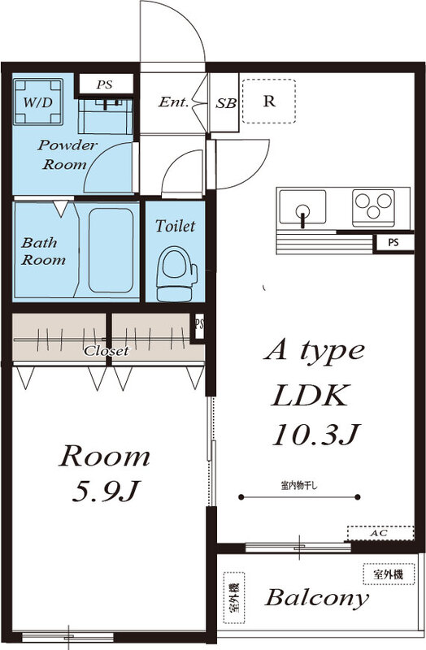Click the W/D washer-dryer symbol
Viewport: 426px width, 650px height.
[x=39, y=102]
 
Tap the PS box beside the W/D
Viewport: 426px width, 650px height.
[x=104, y=84]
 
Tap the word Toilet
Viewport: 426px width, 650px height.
[x=176, y=226]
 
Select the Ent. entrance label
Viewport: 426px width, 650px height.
[x=173, y=102]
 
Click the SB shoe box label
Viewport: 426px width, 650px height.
[x=225, y=103]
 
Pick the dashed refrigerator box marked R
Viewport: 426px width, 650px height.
[x=268, y=101]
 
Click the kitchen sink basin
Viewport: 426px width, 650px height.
[x=302, y=208]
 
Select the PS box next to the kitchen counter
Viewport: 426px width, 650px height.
[x=393, y=242]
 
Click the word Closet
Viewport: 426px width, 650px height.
[x=106, y=351]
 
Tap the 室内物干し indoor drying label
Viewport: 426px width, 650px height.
[x=299, y=486]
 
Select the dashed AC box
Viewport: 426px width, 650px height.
[x=378, y=533]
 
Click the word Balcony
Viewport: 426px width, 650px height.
[x=316, y=600]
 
